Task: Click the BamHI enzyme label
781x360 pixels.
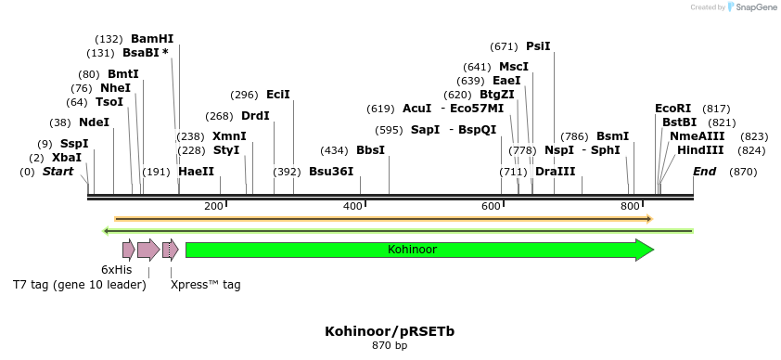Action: pos(152,39)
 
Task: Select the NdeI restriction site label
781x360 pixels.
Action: pos(94,122)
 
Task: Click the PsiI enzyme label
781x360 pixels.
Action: pos(538,46)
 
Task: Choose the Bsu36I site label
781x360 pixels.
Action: pos(331,172)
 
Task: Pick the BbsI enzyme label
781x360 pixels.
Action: pos(370,150)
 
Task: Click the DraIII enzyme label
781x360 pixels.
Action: pos(555,172)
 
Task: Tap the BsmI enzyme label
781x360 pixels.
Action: pos(612,135)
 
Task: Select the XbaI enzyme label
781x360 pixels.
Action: pos(67,158)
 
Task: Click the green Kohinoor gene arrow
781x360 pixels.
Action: pos(418,250)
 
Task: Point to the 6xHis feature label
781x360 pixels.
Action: pos(117,269)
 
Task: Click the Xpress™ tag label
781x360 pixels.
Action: pos(205,285)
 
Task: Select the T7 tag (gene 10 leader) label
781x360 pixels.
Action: pos(80,285)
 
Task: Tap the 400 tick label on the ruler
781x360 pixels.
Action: pos(352,206)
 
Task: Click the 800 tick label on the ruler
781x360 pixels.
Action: pos(630,206)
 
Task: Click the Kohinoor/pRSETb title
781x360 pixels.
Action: pos(390,331)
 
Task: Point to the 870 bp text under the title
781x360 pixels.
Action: pos(390,346)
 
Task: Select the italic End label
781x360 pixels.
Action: pos(704,172)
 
